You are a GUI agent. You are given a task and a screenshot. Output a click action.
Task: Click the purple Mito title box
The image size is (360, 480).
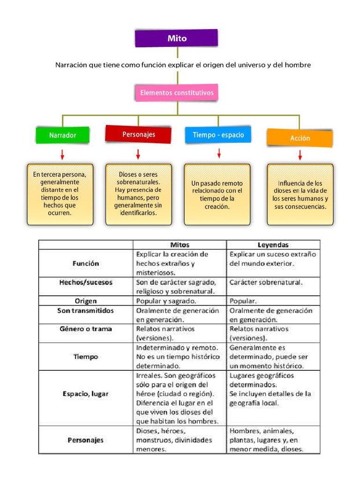pos(177,38)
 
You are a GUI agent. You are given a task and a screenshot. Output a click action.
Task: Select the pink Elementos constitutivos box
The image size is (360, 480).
pos(177,93)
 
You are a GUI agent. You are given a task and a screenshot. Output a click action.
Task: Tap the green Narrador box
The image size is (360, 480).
pos(62,135)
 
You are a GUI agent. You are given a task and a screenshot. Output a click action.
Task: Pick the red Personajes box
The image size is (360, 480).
pos(139,134)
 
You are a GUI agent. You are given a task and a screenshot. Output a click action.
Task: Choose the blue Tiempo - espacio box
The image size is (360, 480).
pos(218,135)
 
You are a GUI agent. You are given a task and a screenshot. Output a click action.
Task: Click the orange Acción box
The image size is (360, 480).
pos(300,138)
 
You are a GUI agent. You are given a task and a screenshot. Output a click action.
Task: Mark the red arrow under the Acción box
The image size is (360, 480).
pos(300,155)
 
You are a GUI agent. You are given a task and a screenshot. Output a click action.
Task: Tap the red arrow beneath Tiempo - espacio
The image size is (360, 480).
pos(219,153)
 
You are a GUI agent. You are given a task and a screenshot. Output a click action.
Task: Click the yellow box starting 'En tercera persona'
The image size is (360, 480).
pos(60,194)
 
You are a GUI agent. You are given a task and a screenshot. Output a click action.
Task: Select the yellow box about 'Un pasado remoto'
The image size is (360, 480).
pos(217,195)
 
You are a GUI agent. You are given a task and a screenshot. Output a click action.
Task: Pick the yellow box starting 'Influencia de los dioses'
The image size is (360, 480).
pos(300,195)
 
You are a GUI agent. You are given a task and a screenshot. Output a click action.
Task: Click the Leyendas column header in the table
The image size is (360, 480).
pos(273,245)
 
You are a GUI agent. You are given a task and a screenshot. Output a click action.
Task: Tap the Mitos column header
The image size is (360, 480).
pos(180,245)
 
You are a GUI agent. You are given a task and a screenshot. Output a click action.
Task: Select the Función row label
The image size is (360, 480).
pos(86,263)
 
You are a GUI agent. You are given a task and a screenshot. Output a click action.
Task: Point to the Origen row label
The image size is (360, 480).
pos(86,301)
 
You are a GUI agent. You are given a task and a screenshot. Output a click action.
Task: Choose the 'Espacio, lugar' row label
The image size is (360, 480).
pos(86,394)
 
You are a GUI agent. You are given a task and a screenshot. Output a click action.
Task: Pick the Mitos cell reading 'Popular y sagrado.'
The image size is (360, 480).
pos(166,301)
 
